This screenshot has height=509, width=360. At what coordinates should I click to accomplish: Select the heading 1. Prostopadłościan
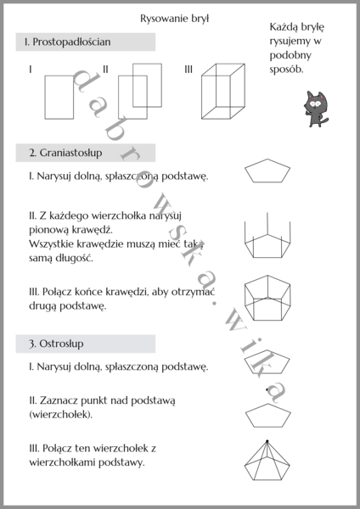click(x=69, y=41)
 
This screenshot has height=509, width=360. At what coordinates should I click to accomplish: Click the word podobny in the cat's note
click(x=286, y=55)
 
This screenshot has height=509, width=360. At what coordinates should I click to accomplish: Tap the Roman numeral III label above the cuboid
click(x=188, y=69)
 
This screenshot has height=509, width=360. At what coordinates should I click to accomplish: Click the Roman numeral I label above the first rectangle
click(x=31, y=69)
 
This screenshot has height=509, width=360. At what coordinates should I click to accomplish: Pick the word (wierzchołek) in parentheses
click(x=60, y=415)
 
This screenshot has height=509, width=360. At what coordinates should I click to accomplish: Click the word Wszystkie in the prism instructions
click(x=55, y=243)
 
